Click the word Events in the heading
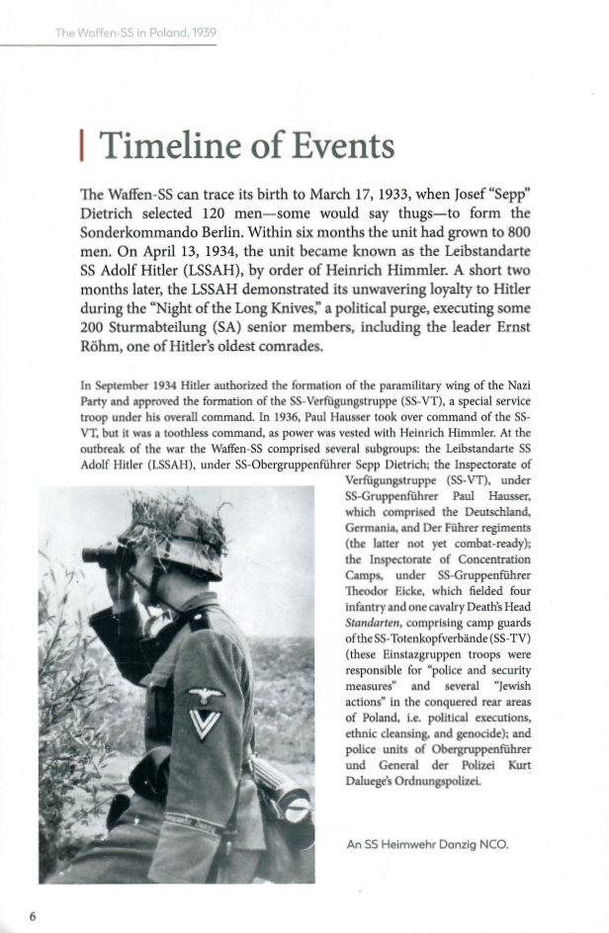click(341, 146)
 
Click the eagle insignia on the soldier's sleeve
click(207, 696)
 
